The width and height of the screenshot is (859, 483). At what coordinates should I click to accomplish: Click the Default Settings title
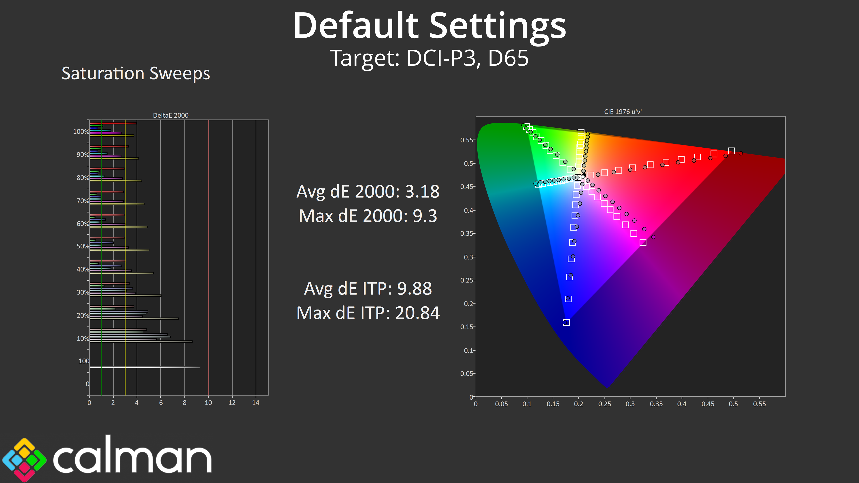pyautogui.click(x=429, y=26)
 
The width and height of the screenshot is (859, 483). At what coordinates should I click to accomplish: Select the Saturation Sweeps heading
pyautogui.click(x=136, y=73)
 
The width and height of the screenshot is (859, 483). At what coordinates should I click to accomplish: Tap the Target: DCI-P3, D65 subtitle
pyautogui.click(x=429, y=58)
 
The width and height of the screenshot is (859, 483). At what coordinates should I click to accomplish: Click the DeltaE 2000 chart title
pyautogui.click(x=171, y=115)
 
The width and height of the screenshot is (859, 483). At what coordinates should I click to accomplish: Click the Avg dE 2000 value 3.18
pyautogui.click(x=422, y=192)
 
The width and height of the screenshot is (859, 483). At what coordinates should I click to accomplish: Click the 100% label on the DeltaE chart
pyautogui.click(x=81, y=132)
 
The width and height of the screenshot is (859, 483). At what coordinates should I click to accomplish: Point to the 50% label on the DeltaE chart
pyautogui.click(x=83, y=246)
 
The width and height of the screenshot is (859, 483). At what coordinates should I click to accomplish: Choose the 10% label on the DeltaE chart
pyautogui.click(x=83, y=339)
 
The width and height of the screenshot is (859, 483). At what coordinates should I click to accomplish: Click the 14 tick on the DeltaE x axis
pyautogui.click(x=256, y=403)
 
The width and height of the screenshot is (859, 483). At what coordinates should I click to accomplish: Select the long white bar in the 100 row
pyautogui.click(x=145, y=367)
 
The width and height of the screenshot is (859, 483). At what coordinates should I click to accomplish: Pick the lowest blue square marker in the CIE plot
pyautogui.click(x=566, y=322)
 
